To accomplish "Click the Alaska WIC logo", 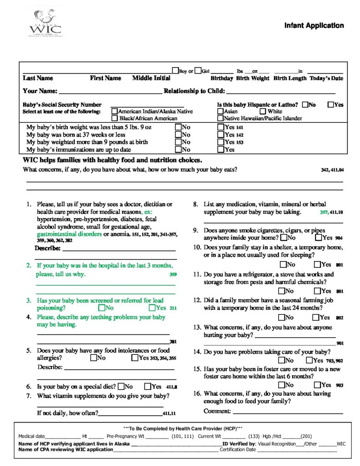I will coord(45,23).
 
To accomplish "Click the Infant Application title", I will coord(314,25).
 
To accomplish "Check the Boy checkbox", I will coord(175,71).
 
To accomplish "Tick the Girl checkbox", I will coord(198,71).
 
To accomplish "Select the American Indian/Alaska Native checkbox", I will coord(115,111).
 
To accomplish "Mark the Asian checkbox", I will coord(220,111).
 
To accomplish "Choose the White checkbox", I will coord(263,111).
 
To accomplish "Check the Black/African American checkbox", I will coord(115,118).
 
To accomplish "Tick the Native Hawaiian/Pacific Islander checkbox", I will coord(220,118).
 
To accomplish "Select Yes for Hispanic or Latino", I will coord(331,104).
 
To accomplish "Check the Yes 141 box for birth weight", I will coord(221,127).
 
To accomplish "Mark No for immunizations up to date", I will coord(178,149).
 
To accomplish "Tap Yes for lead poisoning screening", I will coord(152,308).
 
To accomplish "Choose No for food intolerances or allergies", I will coord(93,358).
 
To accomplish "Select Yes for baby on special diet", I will coord(147,387).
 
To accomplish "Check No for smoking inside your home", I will coord(284,238).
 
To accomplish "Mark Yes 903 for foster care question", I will coord(316,385).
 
